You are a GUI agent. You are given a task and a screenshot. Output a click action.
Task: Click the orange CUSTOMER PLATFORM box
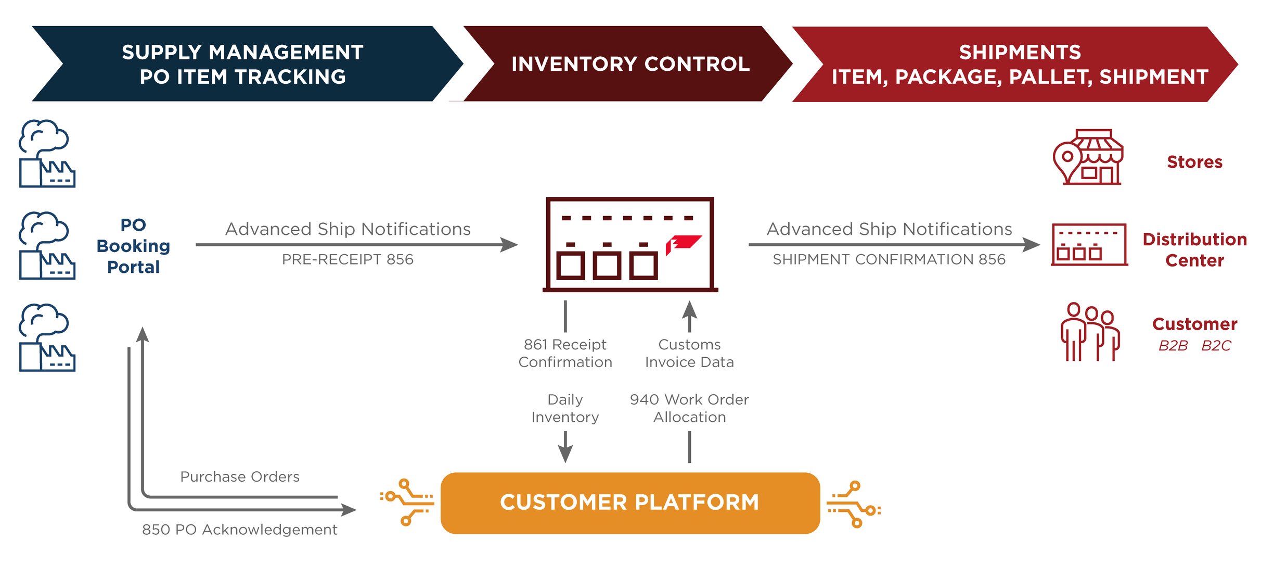point(630,502)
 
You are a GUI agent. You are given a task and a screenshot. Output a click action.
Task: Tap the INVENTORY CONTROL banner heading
point(630,64)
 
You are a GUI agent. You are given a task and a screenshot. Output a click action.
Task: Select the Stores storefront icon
point(1088,157)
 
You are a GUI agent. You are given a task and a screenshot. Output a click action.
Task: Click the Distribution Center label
point(1194,249)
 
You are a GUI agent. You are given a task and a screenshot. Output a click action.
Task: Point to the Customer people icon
point(1090,332)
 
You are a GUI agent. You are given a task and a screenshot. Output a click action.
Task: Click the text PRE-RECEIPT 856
point(348,259)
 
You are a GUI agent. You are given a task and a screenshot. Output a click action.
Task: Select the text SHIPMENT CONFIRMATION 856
point(889,259)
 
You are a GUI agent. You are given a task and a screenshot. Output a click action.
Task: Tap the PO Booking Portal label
point(133,246)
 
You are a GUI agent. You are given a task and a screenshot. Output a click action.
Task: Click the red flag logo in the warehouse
point(683,244)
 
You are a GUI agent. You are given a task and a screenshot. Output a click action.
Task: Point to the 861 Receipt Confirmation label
point(565,353)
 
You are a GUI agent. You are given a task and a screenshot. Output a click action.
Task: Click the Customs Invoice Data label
point(689,353)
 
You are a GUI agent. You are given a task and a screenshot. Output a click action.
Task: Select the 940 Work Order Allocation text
point(689,408)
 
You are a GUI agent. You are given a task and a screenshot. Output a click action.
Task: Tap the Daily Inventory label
point(565,408)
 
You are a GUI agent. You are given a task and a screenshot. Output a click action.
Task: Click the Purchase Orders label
point(240,476)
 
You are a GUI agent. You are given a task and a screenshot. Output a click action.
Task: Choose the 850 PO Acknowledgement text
point(240,530)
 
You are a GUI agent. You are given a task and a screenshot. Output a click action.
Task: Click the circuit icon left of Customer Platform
point(407,502)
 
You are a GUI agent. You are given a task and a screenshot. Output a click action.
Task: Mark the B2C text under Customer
point(1216,346)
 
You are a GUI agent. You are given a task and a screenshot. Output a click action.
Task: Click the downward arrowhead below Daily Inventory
point(565,454)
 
